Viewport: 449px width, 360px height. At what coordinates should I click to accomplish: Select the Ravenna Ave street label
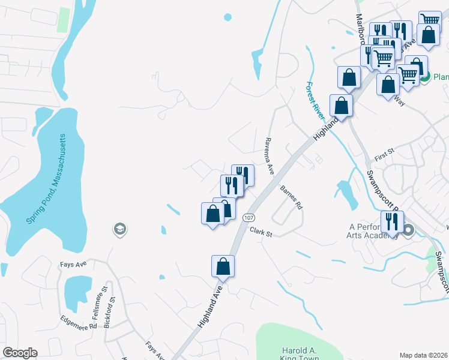[270, 155]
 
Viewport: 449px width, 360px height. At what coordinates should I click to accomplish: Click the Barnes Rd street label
[291, 197]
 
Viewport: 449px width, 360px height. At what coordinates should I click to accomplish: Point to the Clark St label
[261, 232]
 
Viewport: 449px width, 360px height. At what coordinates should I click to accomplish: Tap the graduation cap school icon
[119, 229]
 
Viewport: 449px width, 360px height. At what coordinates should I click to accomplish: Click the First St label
[383, 156]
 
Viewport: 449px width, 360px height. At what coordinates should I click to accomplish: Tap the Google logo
[20, 353]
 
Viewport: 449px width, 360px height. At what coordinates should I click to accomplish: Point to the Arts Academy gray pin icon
[409, 230]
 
